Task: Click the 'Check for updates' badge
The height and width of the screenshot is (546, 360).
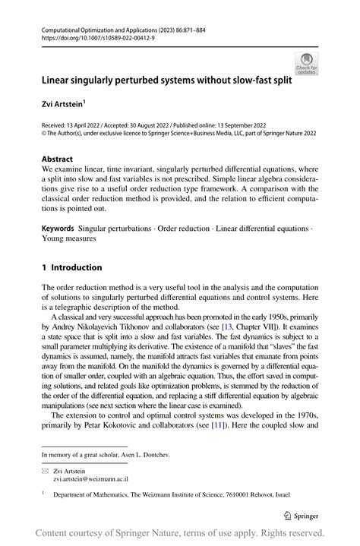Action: pos(308,63)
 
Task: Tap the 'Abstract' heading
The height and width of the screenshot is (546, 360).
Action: pos(58,159)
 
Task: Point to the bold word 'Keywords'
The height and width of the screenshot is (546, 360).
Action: pos(58,229)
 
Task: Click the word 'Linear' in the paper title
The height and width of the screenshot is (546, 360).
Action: pos(57,79)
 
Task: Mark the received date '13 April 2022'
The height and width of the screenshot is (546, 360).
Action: pos(84,124)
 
